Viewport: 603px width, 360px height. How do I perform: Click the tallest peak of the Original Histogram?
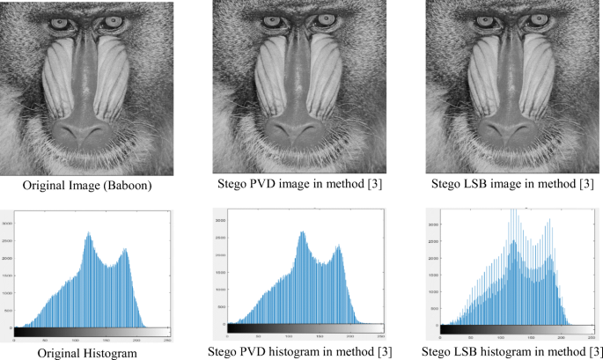(89, 235)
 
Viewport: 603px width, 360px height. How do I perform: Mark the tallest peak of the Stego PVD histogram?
(302, 233)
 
